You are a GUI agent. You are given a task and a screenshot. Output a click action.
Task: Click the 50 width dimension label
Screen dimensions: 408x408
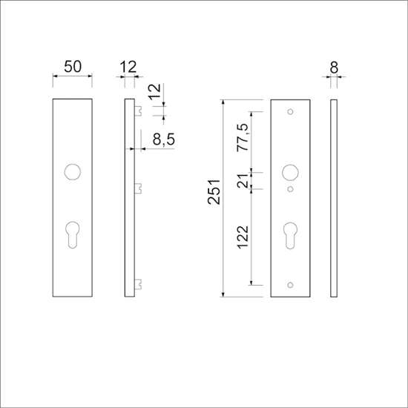pyautogui.click(x=73, y=67)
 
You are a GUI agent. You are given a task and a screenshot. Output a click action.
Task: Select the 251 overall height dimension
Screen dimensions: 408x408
pyautogui.click(x=214, y=192)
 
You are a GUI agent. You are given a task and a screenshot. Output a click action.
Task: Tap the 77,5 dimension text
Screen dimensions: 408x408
pyautogui.click(x=243, y=138)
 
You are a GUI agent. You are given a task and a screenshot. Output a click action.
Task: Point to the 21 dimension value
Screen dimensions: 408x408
pyautogui.click(x=243, y=181)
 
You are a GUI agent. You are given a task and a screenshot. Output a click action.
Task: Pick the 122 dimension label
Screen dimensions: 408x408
pyautogui.click(x=243, y=237)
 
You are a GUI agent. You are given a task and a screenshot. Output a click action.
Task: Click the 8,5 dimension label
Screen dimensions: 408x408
pyautogui.click(x=164, y=139)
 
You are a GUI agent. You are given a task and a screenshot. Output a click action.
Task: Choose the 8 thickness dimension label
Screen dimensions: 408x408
pyautogui.click(x=334, y=68)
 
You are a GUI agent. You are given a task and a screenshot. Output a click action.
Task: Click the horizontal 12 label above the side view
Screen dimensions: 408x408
pyautogui.click(x=128, y=67)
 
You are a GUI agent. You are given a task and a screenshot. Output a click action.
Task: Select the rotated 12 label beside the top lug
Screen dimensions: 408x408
pyautogui.click(x=155, y=91)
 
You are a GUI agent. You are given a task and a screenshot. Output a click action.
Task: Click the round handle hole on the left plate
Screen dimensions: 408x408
pyautogui.click(x=73, y=172)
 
